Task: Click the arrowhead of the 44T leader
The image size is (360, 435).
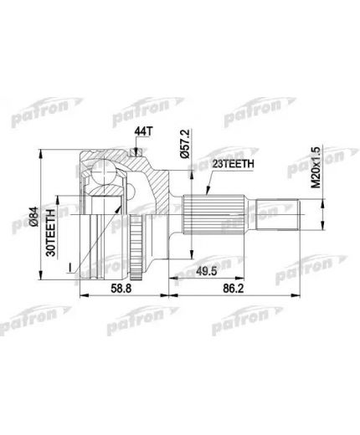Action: click(136, 153)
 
